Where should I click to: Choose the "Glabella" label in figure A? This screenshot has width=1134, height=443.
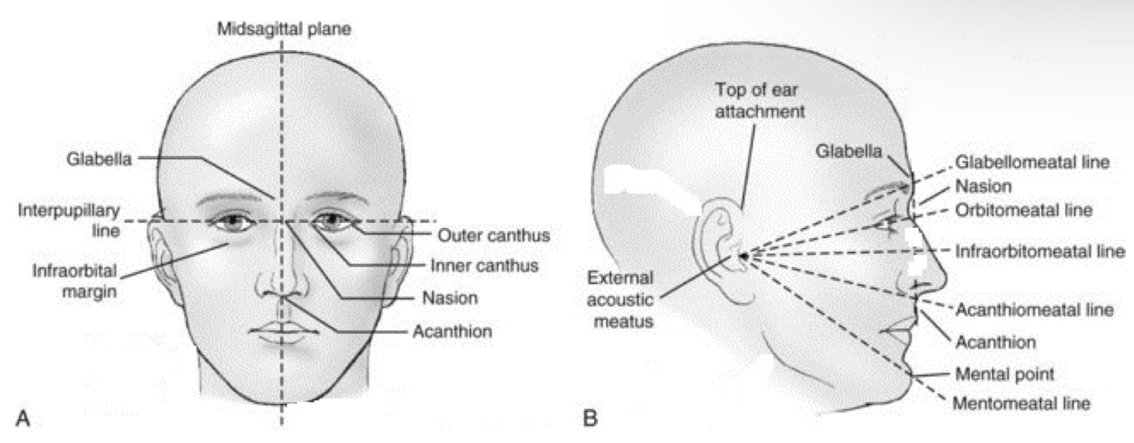99,157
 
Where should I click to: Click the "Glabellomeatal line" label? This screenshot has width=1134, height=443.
1033,162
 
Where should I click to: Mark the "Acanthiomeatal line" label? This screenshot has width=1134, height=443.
1034,310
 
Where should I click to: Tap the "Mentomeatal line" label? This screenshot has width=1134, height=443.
1022,404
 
